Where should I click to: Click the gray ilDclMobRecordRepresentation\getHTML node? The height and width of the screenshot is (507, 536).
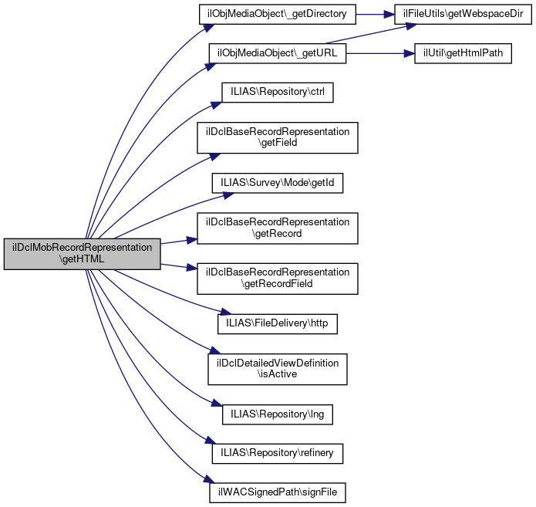(x=82, y=254)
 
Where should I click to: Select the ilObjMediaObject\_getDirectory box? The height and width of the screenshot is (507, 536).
(x=281, y=14)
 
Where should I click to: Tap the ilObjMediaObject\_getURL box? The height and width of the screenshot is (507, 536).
(x=278, y=53)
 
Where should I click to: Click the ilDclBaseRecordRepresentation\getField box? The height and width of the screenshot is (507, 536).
(x=278, y=137)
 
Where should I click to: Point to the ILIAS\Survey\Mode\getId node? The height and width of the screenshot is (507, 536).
(x=278, y=184)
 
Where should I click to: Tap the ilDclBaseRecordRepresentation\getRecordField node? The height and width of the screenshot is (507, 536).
(x=278, y=277)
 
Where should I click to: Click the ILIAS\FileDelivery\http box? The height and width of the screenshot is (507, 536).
(x=278, y=323)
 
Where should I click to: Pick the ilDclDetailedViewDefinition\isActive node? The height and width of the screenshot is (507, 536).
(x=278, y=368)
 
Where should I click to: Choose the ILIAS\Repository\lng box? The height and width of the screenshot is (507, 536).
(x=278, y=414)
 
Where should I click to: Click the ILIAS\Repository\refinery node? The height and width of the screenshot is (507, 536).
(x=278, y=453)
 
